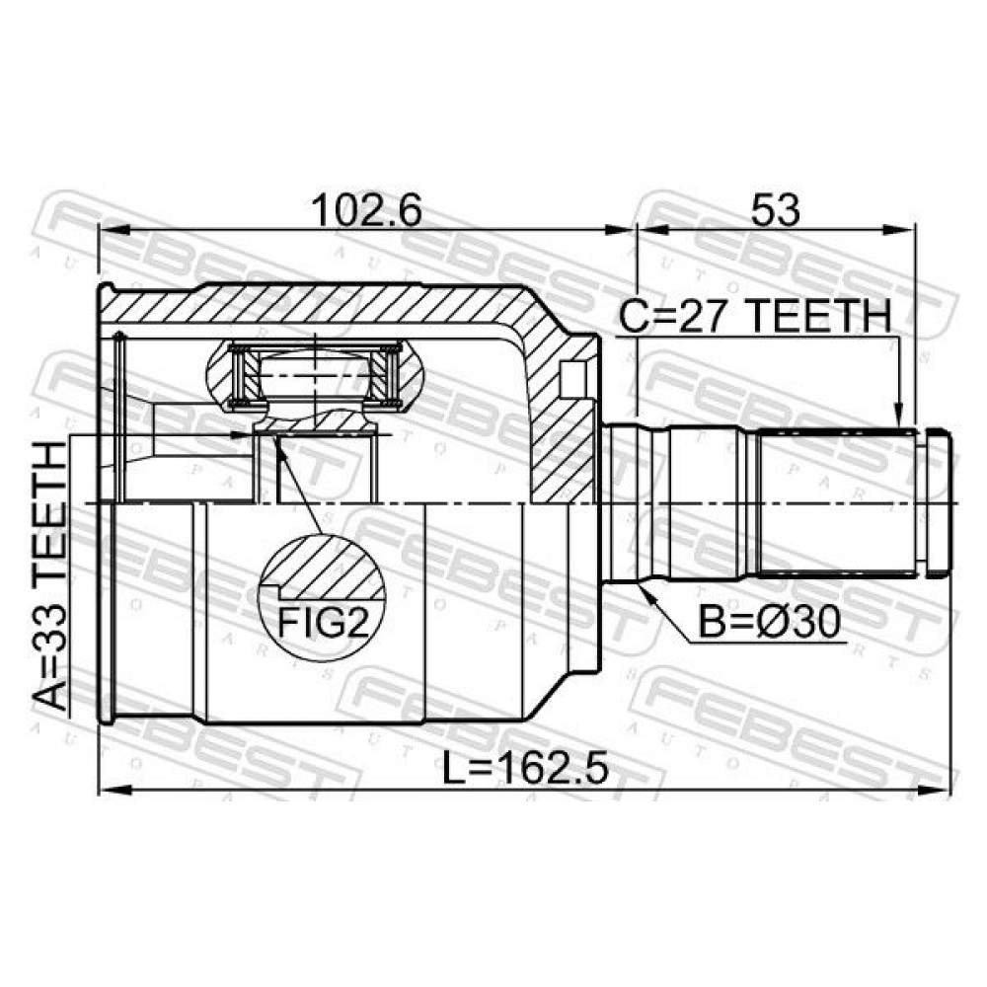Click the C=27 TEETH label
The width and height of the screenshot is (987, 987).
point(755,316)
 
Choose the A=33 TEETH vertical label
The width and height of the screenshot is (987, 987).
point(49,576)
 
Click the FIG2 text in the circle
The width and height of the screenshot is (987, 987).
point(323,623)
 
